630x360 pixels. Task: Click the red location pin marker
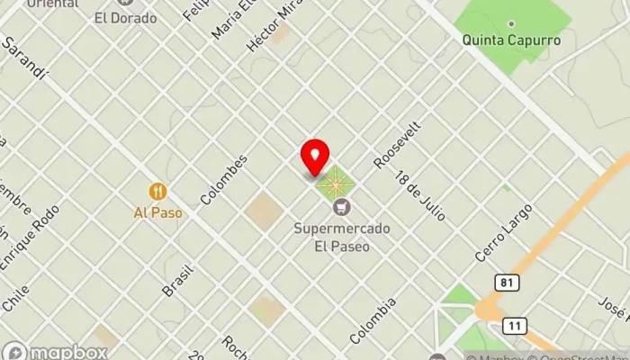pyautogui.click(x=315, y=157)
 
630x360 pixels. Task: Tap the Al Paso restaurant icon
pyautogui.click(x=158, y=191)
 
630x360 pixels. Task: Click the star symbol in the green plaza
pyautogui.click(x=335, y=184)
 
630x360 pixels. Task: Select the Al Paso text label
pyautogui.click(x=158, y=213)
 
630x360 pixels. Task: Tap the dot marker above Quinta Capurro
pyautogui.click(x=511, y=23)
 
